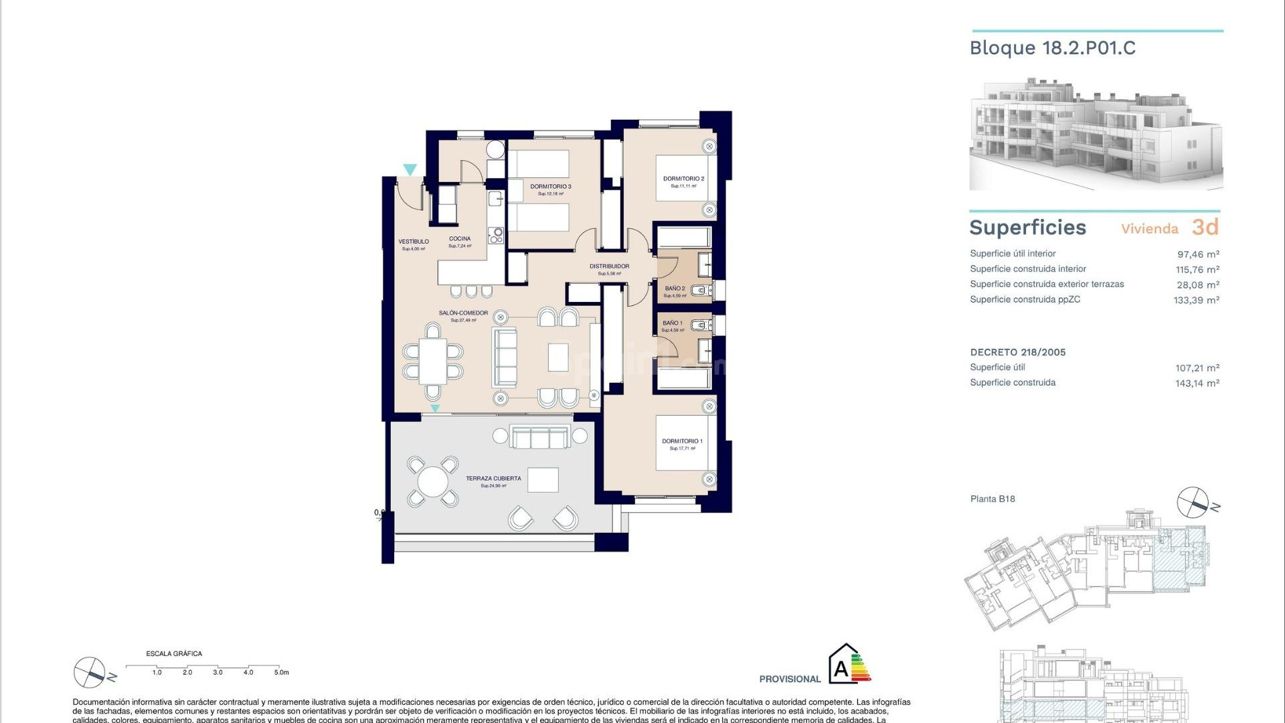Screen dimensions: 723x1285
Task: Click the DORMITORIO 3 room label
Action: tap(550, 187)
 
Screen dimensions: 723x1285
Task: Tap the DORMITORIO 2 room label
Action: tap(683, 179)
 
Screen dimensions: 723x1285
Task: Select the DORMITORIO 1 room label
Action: tap(682, 441)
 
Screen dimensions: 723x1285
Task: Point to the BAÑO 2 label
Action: tap(675, 289)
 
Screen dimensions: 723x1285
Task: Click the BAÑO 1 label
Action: tap(673, 323)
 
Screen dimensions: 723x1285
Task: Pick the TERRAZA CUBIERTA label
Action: tap(493, 479)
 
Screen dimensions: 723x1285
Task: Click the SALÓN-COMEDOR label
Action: tap(463, 313)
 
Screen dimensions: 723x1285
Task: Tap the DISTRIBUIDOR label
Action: tap(609, 266)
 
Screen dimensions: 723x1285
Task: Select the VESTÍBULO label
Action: tap(414, 242)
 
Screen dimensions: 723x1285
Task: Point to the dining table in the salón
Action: tap(433, 361)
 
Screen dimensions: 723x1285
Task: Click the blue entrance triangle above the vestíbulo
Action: tap(410, 170)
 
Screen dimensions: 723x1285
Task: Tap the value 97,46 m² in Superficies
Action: tap(1198, 254)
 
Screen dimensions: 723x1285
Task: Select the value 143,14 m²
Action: tap(1197, 384)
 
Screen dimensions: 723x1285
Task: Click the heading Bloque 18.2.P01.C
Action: tap(1052, 48)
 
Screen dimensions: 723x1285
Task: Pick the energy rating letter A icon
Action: tap(841, 668)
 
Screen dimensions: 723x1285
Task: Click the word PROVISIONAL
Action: tap(790, 679)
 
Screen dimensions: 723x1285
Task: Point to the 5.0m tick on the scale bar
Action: tap(282, 672)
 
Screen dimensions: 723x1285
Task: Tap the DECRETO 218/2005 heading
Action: tap(1017, 352)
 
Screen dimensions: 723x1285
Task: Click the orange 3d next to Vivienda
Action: tap(1205, 228)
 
